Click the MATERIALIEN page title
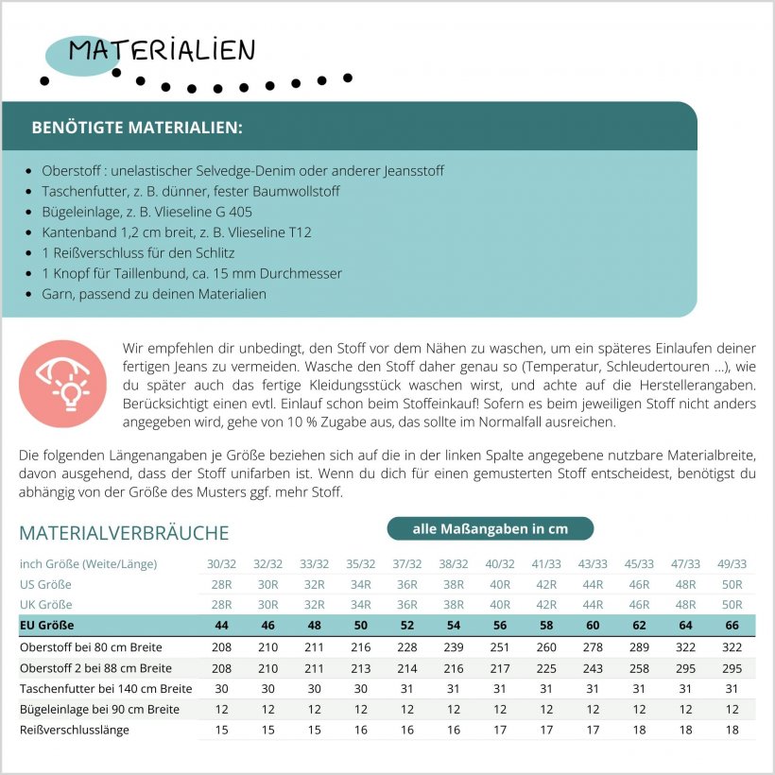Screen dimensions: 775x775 (x=162, y=51)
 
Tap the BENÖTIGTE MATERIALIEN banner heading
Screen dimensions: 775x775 (x=136, y=128)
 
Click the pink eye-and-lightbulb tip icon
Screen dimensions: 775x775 (x=62, y=384)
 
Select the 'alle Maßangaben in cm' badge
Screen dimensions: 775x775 (x=490, y=528)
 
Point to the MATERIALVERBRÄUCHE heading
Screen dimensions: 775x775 (x=124, y=533)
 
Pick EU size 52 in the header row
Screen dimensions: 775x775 (x=406, y=626)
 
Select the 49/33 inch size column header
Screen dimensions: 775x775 (x=731, y=563)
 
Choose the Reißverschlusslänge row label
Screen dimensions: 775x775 (x=74, y=730)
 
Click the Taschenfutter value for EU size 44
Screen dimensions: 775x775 (x=221, y=689)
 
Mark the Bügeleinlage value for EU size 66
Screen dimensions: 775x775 (x=731, y=709)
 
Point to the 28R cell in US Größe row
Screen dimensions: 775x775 (x=221, y=584)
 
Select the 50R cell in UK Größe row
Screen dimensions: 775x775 (x=731, y=605)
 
